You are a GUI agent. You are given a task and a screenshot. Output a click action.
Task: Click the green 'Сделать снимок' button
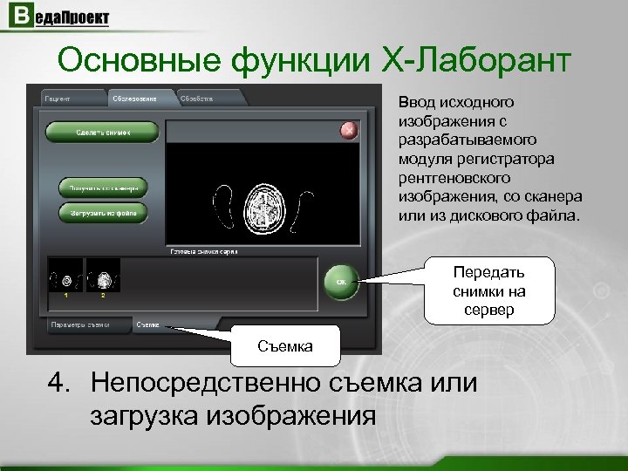point(102,132)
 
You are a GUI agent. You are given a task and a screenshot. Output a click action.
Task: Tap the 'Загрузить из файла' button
point(103,212)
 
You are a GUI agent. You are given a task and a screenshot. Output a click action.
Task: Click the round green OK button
point(342,282)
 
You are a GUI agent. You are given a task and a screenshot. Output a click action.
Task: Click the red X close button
point(349,131)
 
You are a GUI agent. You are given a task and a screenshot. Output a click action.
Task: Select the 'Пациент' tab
point(59,99)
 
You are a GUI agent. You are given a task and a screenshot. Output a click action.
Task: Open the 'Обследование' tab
point(134,99)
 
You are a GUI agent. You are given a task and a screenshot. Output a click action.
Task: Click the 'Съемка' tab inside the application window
point(147,325)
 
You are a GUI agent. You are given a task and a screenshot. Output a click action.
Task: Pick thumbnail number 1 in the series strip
point(65,276)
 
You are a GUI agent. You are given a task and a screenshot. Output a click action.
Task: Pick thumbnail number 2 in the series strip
point(103,276)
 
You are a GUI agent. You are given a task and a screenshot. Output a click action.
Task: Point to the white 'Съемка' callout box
point(284,346)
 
